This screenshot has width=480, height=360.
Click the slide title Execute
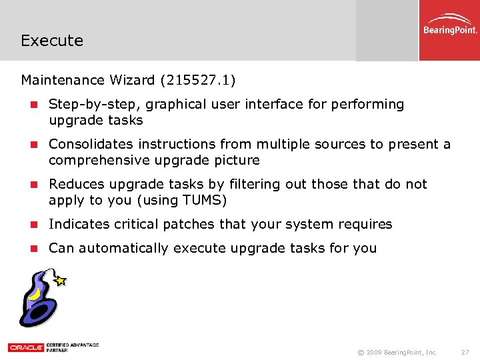[x=52, y=41]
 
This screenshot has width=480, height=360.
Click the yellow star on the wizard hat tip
[x=61, y=281]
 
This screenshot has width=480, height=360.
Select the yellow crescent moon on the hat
[x=33, y=292]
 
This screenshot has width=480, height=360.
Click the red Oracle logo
[x=26, y=347]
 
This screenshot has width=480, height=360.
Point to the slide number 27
[x=465, y=352]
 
